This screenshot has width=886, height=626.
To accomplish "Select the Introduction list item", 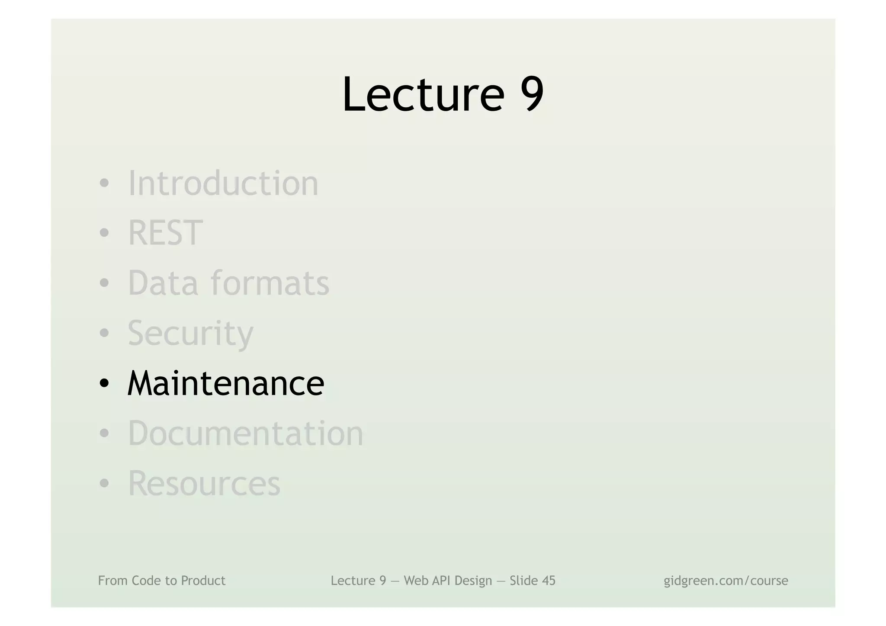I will click(223, 183).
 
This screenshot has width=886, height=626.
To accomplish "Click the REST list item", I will click(165, 233).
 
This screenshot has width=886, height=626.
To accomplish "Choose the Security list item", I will click(190, 333).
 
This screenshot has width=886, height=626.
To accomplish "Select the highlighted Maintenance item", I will click(225, 383).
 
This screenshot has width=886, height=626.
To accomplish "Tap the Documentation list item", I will click(246, 433).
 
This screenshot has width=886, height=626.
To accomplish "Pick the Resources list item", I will click(204, 483).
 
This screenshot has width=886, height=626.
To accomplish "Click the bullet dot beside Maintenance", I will click(104, 383).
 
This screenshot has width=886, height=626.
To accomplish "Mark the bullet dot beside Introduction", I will click(104, 183).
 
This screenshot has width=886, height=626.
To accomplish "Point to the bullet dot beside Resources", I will click(104, 483).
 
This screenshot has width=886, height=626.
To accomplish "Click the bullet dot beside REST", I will click(104, 233).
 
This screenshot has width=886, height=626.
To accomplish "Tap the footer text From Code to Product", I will click(161, 581).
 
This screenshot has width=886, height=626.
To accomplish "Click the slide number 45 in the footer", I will click(547, 581).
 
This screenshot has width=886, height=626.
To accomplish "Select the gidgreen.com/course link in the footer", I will click(725, 581).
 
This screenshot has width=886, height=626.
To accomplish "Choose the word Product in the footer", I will click(203, 581).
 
